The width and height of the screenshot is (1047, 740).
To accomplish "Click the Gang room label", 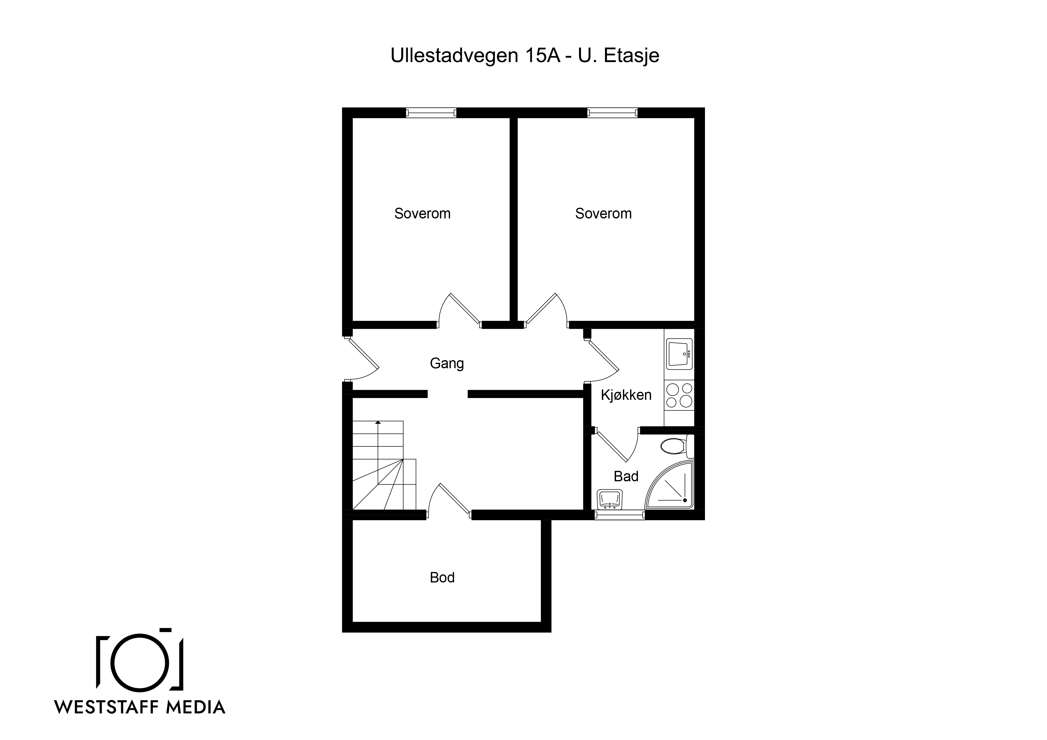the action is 446,363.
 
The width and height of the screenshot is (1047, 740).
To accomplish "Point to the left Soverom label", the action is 422,213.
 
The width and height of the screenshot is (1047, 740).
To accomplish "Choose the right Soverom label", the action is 603,213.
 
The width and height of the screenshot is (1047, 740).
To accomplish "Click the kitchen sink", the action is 679,353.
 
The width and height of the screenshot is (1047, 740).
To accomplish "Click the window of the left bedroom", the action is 431,112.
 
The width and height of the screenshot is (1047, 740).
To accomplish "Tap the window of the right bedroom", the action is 612,112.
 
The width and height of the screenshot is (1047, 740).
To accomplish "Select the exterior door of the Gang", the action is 360,358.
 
